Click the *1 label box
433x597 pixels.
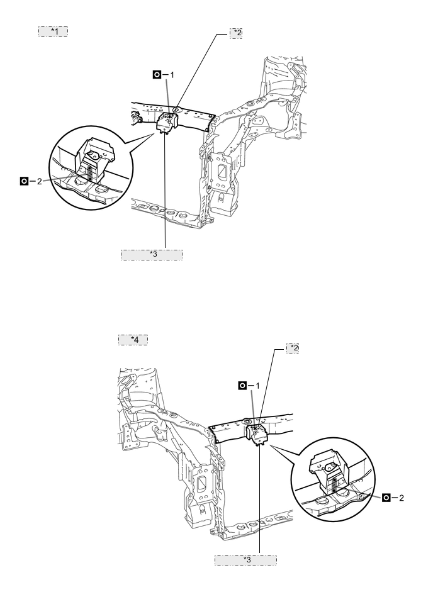(x=53, y=31)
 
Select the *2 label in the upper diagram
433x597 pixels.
(x=236, y=33)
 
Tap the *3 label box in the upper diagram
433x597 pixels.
(x=152, y=255)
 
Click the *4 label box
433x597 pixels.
(x=133, y=340)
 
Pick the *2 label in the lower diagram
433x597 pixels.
(x=293, y=349)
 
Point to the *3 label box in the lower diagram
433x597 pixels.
(x=245, y=561)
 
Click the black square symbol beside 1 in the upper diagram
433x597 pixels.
(x=157, y=75)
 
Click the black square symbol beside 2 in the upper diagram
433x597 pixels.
(x=24, y=181)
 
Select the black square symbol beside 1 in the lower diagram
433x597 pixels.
(x=242, y=386)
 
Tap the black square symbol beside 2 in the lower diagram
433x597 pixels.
(x=386, y=498)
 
